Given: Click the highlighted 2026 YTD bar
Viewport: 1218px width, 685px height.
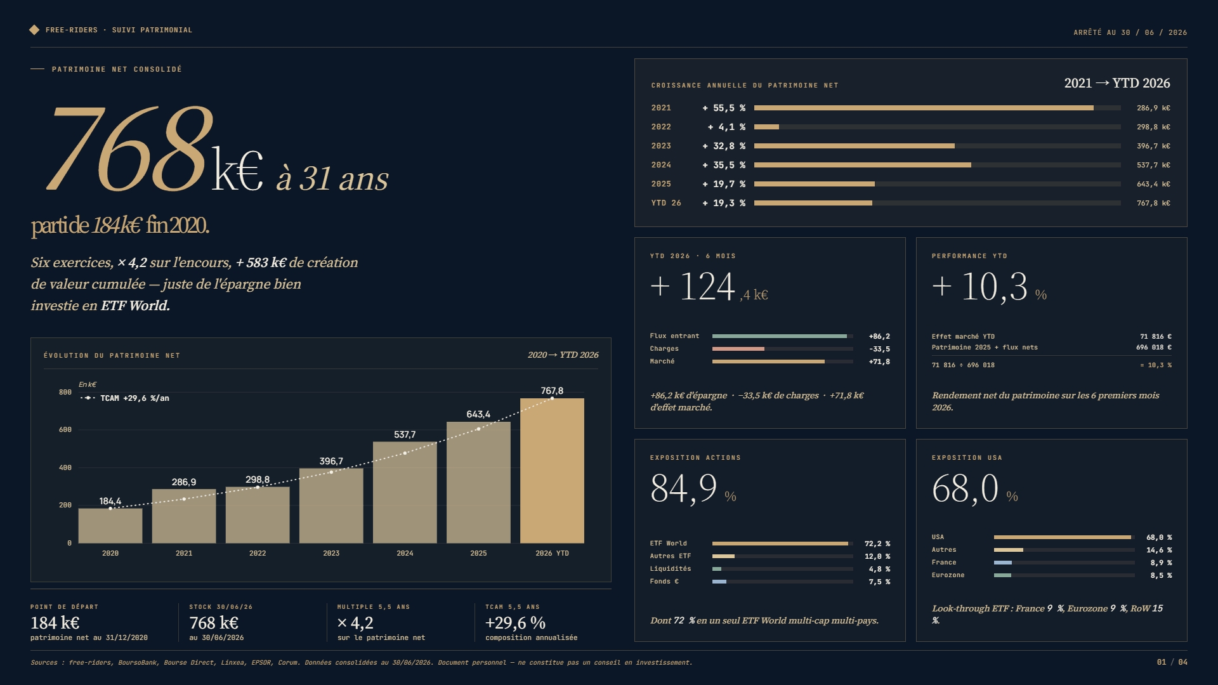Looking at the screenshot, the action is [552, 471].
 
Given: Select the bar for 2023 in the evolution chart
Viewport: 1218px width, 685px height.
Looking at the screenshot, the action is [331, 506].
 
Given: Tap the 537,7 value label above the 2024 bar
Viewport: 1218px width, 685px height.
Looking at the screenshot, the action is [405, 434].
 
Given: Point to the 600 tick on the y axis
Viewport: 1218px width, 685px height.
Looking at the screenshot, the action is [65, 430].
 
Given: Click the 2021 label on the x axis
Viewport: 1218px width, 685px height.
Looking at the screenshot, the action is [184, 554].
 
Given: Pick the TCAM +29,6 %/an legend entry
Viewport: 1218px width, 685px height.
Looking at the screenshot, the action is [125, 398].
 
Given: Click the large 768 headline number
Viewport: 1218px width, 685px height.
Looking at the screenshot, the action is [129, 149].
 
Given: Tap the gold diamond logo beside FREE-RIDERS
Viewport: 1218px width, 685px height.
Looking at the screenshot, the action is [34, 30].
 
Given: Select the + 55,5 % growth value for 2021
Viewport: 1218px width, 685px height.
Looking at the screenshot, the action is [724, 108].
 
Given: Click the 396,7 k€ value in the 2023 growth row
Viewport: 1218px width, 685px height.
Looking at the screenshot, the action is [1153, 147].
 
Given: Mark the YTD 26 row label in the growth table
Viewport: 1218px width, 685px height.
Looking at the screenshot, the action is [666, 204].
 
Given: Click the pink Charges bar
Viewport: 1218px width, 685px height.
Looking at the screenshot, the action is [738, 349].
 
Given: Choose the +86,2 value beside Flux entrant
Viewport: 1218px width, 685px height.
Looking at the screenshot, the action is [879, 337].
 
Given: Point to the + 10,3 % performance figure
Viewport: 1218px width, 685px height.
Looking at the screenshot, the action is [989, 287].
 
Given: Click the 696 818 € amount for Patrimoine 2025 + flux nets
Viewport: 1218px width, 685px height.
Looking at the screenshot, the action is [1154, 348].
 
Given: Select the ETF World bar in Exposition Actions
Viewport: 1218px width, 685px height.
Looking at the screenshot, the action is [780, 544].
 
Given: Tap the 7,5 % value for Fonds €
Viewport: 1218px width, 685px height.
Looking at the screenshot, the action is [879, 582].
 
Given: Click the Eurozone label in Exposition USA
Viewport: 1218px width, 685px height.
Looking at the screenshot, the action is [948, 575].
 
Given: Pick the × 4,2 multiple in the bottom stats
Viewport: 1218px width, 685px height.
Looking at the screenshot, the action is [355, 623].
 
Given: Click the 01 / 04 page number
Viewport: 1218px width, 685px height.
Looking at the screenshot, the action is [1172, 662].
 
